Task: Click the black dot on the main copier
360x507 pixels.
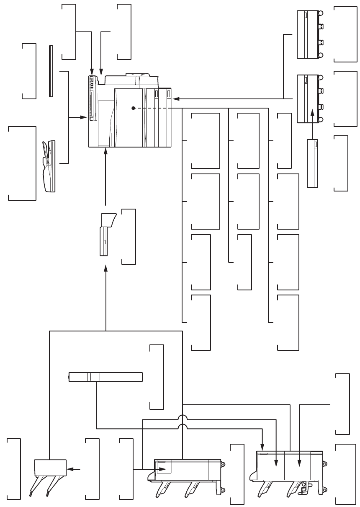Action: coord(133,108)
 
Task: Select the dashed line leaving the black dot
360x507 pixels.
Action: coord(155,108)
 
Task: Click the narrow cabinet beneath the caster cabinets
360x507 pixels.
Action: coord(313,164)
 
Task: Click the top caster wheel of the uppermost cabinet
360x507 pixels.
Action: coord(321,13)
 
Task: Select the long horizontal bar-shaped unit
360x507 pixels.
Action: coord(105,377)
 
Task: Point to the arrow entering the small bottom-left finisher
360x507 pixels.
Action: coord(74,469)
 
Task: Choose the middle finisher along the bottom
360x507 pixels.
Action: coord(186,471)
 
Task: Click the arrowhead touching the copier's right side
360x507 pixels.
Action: coord(175,99)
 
